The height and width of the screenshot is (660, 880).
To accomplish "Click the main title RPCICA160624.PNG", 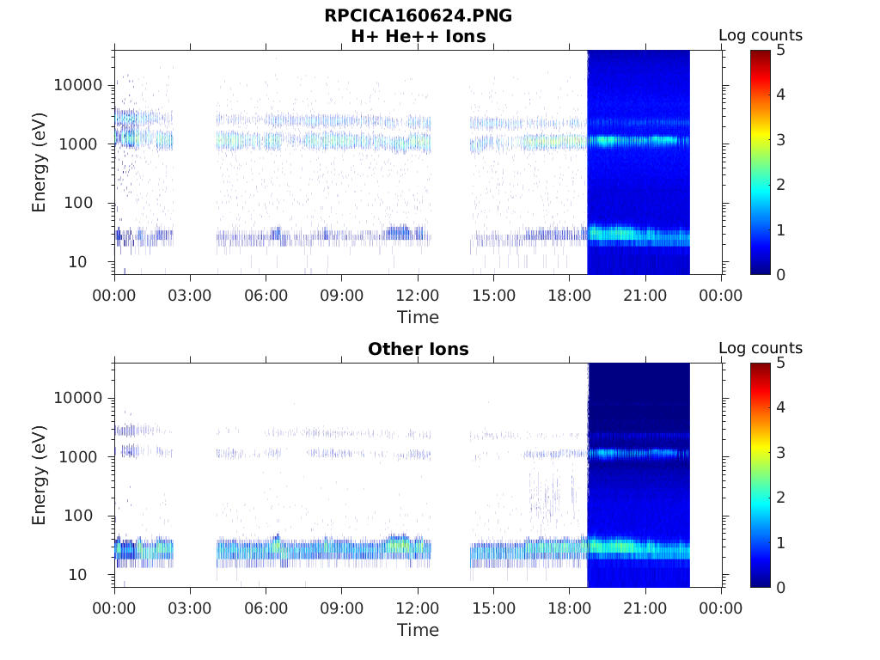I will point(418,15).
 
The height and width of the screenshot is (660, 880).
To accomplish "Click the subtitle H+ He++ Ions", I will point(418,36).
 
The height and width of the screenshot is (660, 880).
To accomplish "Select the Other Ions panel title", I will point(418,349).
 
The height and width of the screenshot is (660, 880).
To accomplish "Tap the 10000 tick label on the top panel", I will point(78,85).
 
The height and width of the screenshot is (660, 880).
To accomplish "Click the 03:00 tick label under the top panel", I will point(190,296).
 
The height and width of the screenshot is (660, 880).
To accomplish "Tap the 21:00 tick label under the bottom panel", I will point(645,608).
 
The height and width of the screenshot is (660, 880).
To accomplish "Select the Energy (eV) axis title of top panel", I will point(40,162).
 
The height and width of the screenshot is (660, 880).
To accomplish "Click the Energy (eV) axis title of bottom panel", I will point(40,475).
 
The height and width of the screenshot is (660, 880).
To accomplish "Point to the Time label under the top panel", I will point(418,317).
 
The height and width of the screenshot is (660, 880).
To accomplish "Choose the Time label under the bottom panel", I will point(418,630).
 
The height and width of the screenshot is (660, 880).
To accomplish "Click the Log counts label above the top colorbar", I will point(761,36).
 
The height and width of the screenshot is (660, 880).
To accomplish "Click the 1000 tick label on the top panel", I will point(82,144).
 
